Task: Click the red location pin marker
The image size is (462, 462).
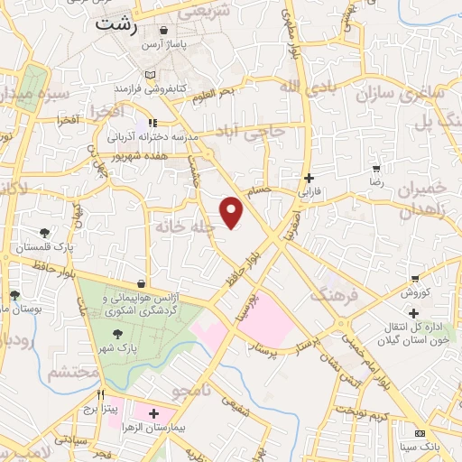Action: pyautogui.click(x=233, y=212)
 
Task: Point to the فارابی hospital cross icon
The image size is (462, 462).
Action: pyautogui.click(x=310, y=178)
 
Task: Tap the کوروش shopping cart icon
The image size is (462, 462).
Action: pyautogui.click(x=414, y=279)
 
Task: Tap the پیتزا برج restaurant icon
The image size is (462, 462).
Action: pyautogui.click(x=101, y=394)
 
